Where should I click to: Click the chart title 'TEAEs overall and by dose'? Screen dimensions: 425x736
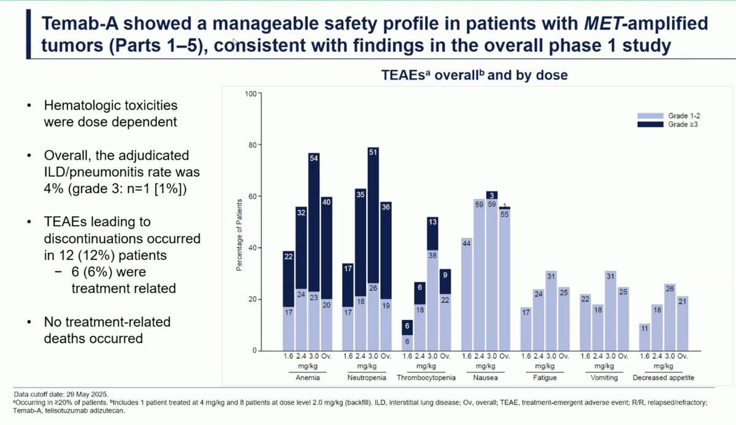[474, 76]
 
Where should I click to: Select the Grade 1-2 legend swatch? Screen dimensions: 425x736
[651, 115]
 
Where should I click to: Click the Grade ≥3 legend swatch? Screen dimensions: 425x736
[651, 124]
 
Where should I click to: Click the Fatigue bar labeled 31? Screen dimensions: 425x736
[551, 310]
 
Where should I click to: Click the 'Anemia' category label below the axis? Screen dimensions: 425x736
[307, 378]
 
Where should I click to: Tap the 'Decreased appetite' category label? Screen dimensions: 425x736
[664, 378]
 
